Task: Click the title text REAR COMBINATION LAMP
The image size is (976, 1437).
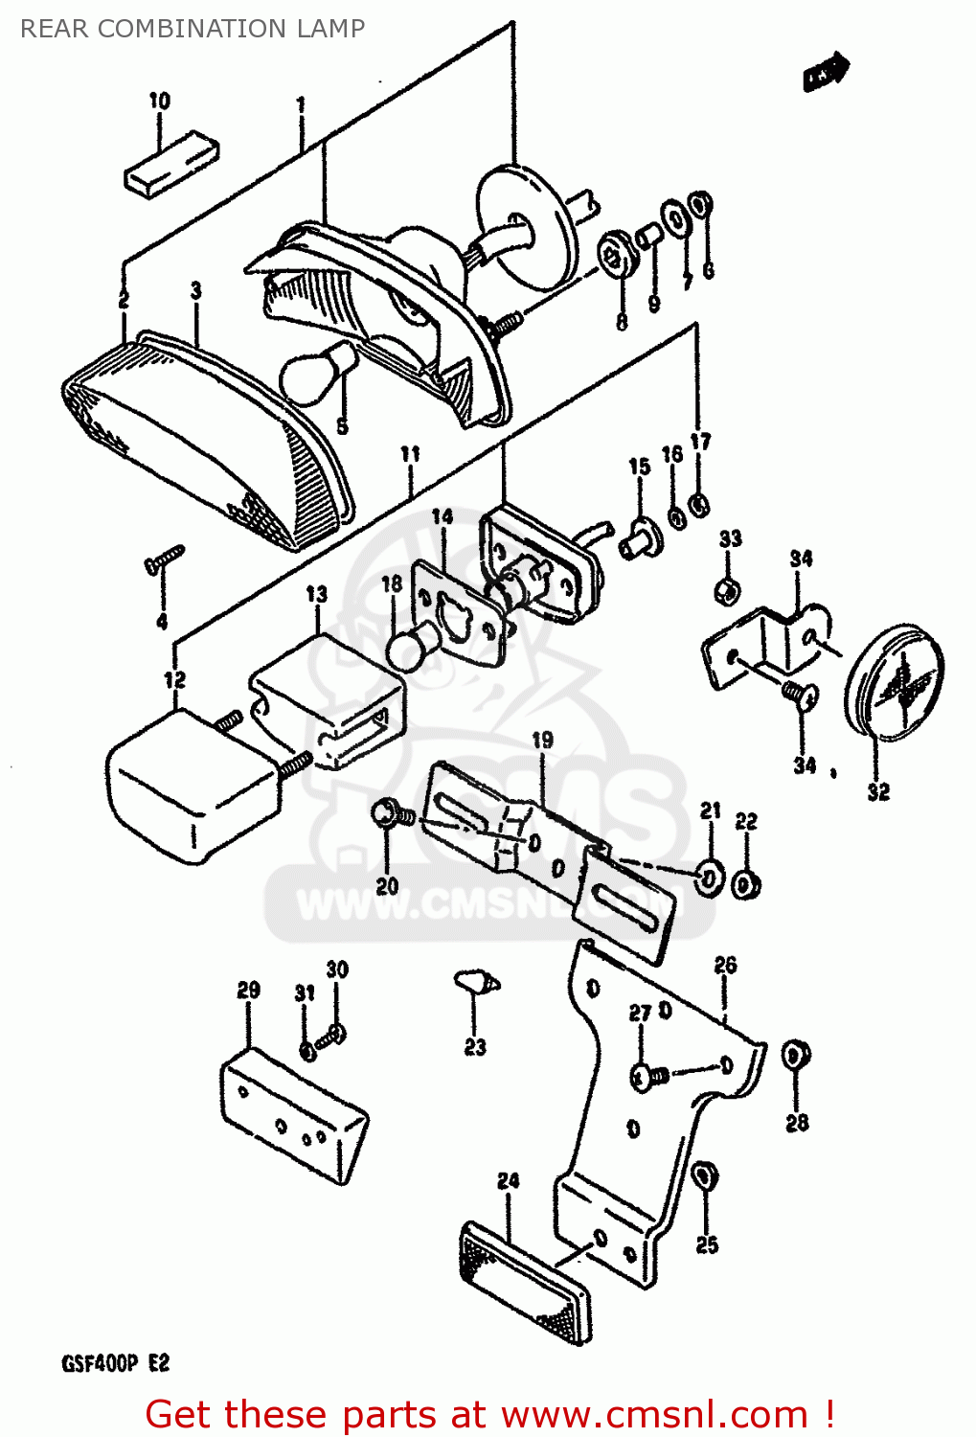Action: coord(193,29)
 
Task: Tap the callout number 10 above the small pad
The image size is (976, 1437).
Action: coord(159,101)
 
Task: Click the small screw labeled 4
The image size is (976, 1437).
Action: coord(164,559)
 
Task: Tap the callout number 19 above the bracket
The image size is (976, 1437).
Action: coord(542,740)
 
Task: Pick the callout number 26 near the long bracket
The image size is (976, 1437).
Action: coord(725,965)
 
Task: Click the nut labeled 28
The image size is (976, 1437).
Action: coord(794,1056)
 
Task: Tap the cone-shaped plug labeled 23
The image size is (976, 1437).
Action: coord(476,982)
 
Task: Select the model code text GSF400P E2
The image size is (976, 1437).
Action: coord(115,1363)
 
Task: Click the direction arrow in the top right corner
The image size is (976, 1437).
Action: coord(826,72)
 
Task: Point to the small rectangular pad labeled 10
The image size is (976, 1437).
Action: coord(171,165)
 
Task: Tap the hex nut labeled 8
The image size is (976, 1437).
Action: coord(612,254)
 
